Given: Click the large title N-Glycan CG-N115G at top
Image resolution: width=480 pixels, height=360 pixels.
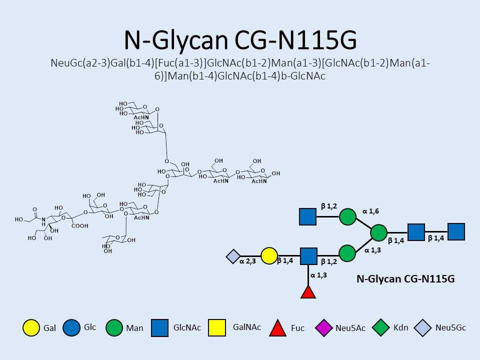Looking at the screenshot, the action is [240, 40].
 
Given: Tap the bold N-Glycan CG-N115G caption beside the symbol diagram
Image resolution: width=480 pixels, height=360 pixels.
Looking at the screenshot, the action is [405, 279].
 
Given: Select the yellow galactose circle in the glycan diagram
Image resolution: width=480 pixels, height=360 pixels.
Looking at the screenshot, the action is [269, 256].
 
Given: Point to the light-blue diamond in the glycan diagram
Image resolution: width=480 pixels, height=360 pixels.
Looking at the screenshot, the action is [233, 256].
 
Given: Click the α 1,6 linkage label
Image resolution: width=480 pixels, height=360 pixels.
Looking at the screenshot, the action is [370, 211].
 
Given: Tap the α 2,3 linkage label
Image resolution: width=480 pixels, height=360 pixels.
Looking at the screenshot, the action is [247, 261].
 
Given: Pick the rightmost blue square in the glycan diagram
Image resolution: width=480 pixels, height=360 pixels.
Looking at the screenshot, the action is [456, 231].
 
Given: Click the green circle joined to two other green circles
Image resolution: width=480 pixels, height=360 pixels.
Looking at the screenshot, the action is [378, 232].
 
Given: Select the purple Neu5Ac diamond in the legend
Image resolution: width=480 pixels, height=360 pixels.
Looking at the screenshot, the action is [324, 327].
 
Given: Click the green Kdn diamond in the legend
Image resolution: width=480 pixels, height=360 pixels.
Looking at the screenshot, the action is [381, 327].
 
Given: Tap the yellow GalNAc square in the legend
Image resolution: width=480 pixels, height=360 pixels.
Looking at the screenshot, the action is [217, 328].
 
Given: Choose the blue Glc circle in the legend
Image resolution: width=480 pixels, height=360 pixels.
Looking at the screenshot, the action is [71, 328].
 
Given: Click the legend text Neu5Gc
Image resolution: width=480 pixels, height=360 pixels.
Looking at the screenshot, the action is [450, 328].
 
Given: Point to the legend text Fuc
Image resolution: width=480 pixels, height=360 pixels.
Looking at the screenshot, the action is [297, 328].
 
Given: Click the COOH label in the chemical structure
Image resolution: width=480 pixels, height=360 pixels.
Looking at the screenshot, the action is [80, 226].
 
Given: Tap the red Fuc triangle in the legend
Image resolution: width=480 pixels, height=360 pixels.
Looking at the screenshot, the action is [277, 328].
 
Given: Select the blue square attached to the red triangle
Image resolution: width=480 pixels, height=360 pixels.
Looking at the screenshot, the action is [308, 256].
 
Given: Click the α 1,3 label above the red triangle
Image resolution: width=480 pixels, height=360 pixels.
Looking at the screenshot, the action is [318, 275].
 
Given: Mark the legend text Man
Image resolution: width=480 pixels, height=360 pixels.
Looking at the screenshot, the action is [134, 328].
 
